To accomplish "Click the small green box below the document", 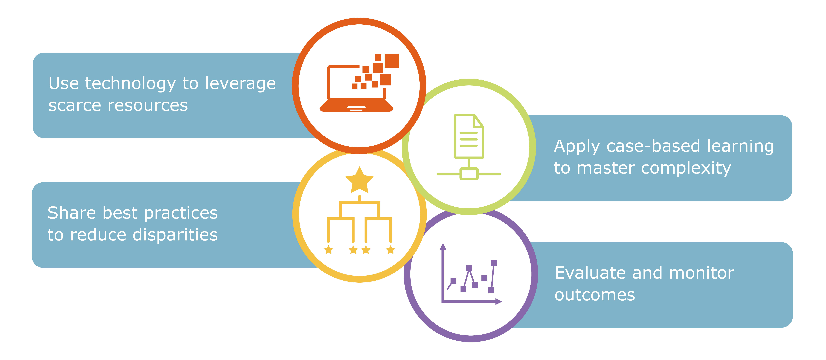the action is coord(469,174).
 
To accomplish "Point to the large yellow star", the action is coord(359,180).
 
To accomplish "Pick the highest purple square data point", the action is coord(494,263).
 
